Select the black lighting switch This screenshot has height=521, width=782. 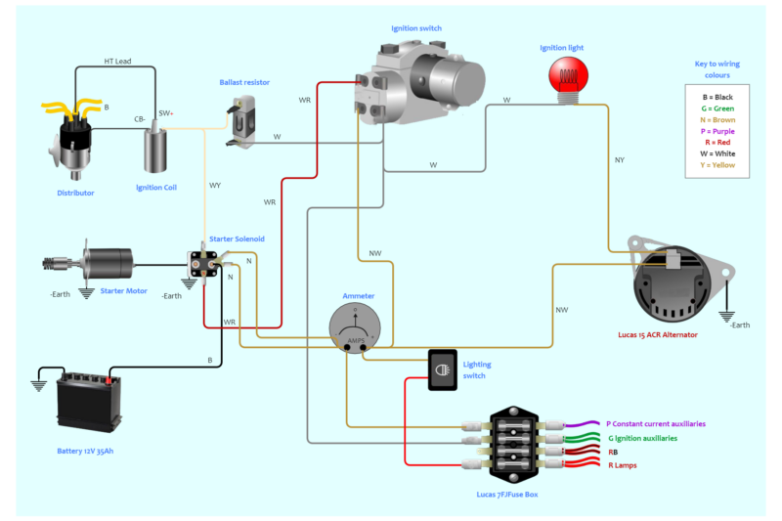[x=443, y=369]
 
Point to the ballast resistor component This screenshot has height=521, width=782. [x=241, y=123]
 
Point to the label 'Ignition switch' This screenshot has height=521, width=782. [x=415, y=28]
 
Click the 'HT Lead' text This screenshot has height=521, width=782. [x=117, y=62]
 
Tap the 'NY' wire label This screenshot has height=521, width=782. [x=619, y=159]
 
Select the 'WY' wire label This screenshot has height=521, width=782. [x=215, y=185]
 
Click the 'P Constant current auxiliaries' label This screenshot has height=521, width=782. [x=656, y=424]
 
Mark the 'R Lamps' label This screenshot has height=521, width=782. [x=622, y=465]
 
